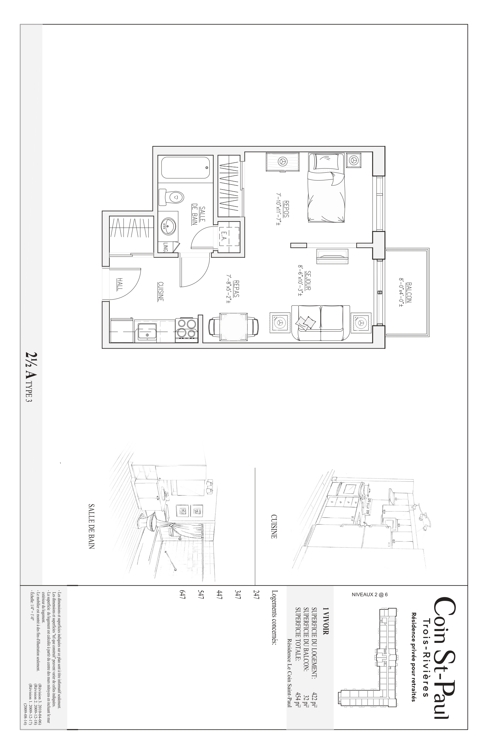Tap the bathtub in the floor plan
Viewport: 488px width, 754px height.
[x=185, y=168]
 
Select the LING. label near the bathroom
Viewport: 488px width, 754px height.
[x=165, y=247]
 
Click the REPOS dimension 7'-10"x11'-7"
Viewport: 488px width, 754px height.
[x=279, y=208]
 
